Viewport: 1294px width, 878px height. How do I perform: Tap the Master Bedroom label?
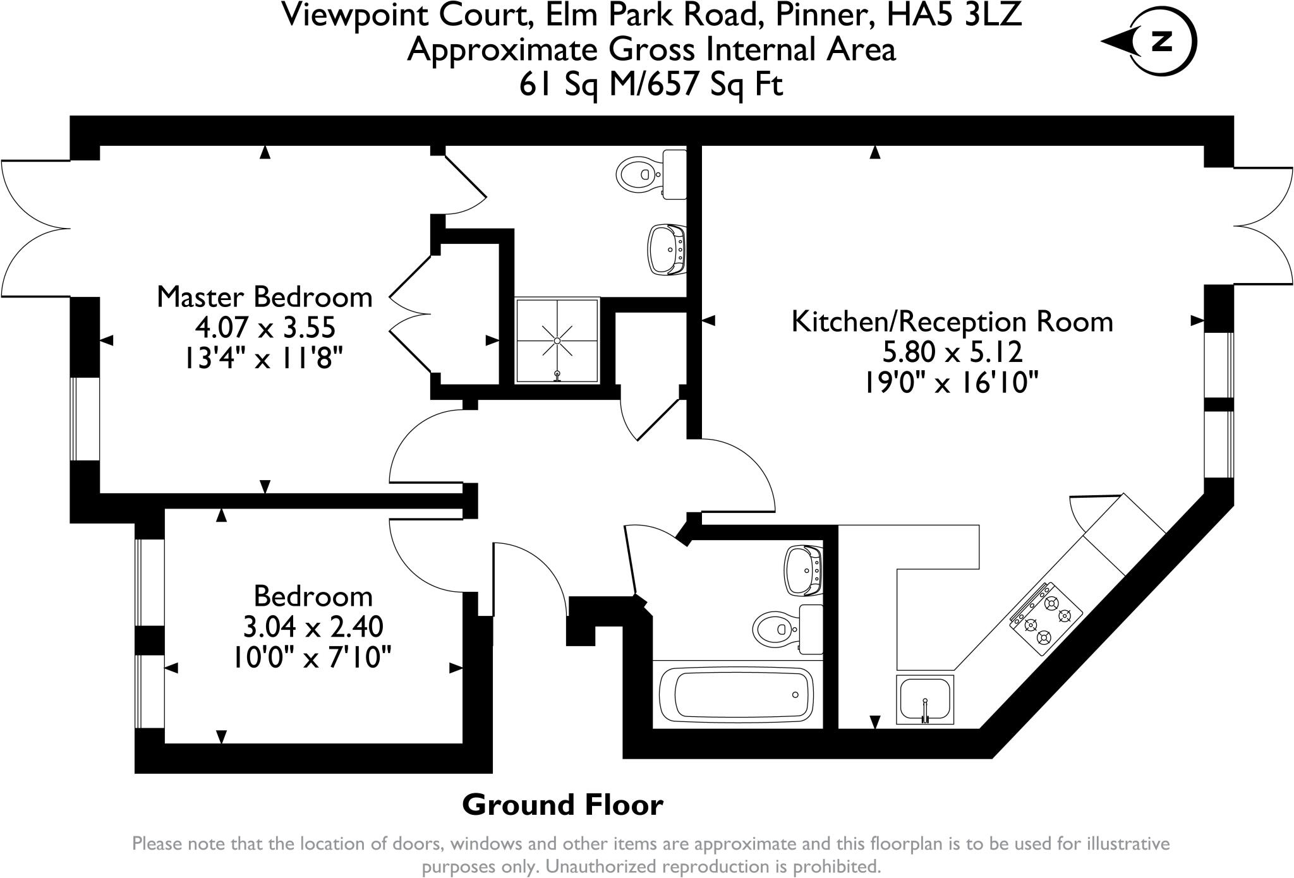pos(265,297)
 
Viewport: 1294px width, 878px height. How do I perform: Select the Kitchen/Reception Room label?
pos(952,322)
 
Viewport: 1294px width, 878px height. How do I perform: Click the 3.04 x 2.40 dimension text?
pos(313,627)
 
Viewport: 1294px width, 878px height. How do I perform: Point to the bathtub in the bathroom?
pos(736,695)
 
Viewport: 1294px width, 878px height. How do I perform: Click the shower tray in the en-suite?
pos(557,340)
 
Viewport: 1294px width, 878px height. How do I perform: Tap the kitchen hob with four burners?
pos(1046,618)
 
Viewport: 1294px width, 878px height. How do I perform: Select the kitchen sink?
pos(924,699)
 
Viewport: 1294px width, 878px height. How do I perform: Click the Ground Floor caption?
pos(562,805)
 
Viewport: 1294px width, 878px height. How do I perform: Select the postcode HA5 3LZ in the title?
pos(955,15)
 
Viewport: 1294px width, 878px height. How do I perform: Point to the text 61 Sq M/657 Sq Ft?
pos(651,83)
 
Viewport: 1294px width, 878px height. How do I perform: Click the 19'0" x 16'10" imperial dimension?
pos(951,383)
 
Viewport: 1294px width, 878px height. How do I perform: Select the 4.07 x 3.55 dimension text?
pos(265,328)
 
